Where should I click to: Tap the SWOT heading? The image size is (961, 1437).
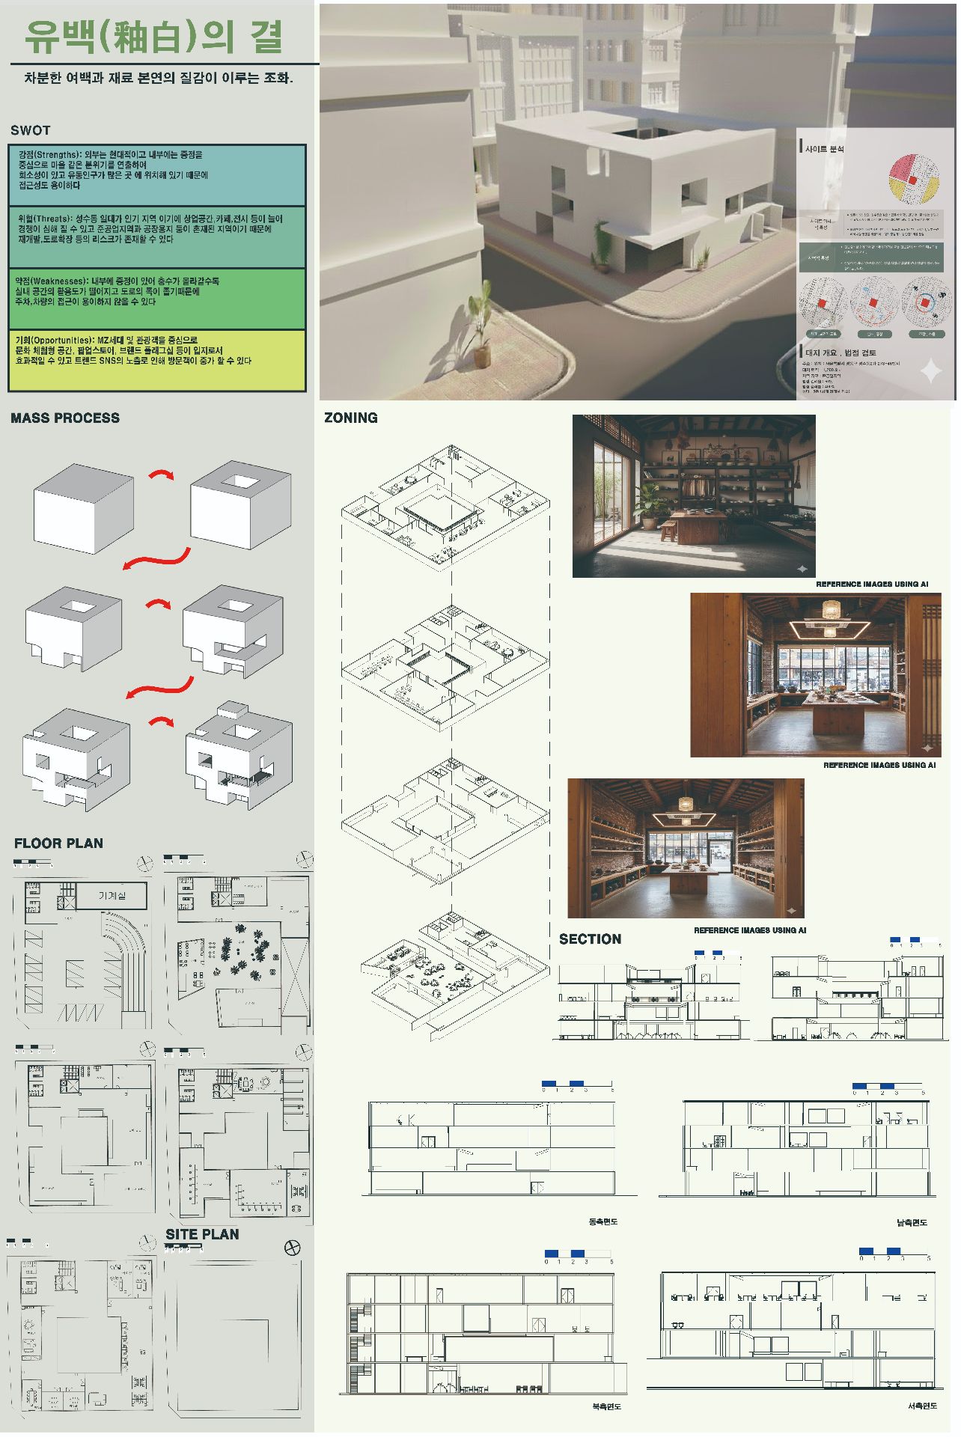coord(30,130)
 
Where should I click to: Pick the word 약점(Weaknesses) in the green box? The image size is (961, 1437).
coord(51,281)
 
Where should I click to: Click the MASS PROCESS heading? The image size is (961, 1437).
coord(65,418)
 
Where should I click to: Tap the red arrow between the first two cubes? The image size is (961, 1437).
coord(161,475)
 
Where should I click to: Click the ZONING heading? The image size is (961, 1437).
coord(350,418)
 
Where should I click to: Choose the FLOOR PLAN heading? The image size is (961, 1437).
coord(58,843)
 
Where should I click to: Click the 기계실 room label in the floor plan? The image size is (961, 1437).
coord(112,895)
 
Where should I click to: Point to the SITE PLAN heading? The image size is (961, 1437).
coord(202,1234)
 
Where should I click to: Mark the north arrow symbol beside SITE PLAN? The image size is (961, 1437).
coord(293,1248)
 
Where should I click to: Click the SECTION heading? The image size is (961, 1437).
coord(590,939)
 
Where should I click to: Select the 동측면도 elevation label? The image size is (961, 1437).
coord(603,1222)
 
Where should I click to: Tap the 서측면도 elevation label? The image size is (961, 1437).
coord(922,1406)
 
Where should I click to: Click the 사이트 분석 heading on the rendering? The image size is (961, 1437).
coord(824,149)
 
